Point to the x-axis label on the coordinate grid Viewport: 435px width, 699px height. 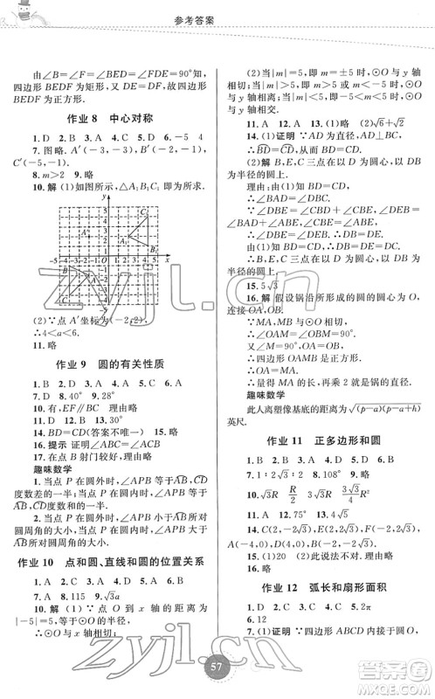pyautogui.click(x=167, y=260)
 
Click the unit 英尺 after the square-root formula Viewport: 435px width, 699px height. pyautogui.click(x=238, y=418)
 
